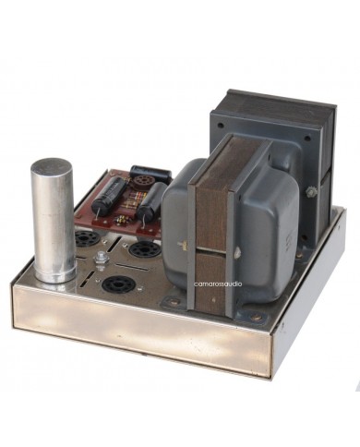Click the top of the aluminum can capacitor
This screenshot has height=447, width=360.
53,167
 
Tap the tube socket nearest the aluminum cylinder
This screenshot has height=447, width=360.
88,238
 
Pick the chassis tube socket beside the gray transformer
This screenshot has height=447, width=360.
140,249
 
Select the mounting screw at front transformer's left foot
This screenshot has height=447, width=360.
173,300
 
